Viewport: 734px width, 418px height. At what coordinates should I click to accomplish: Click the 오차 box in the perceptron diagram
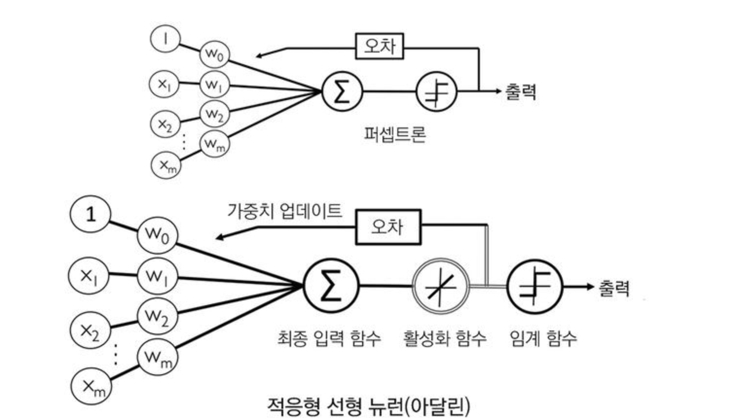coord(380,46)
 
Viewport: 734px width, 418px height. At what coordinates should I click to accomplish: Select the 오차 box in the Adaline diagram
coord(388,226)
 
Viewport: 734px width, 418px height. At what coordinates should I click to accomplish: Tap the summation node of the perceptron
coord(342,91)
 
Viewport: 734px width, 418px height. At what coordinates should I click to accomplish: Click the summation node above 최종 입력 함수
coord(330,286)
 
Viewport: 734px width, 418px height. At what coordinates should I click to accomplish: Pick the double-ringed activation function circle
coord(441,286)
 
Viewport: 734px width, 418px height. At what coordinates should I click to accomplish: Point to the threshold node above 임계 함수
coord(534,286)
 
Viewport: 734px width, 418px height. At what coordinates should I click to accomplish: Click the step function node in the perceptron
coord(437,91)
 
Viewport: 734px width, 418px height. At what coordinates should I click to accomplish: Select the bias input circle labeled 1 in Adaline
coord(91,214)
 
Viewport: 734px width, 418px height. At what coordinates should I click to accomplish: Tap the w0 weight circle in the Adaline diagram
coord(157,235)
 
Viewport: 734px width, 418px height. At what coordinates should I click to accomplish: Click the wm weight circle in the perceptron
coord(214,143)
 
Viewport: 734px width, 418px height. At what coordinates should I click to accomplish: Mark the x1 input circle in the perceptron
coord(164,84)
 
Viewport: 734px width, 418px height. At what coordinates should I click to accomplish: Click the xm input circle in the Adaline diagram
coord(91,387)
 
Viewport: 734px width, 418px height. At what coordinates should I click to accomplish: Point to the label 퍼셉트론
coord(395,134)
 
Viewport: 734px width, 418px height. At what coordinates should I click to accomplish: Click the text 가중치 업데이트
coord(285,211)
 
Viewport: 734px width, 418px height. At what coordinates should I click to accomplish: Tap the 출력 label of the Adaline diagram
coord(614,288)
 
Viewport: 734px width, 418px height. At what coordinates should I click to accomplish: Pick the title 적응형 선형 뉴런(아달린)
coord(368,406)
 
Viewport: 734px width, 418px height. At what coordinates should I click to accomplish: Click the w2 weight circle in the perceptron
coord(214,114)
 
